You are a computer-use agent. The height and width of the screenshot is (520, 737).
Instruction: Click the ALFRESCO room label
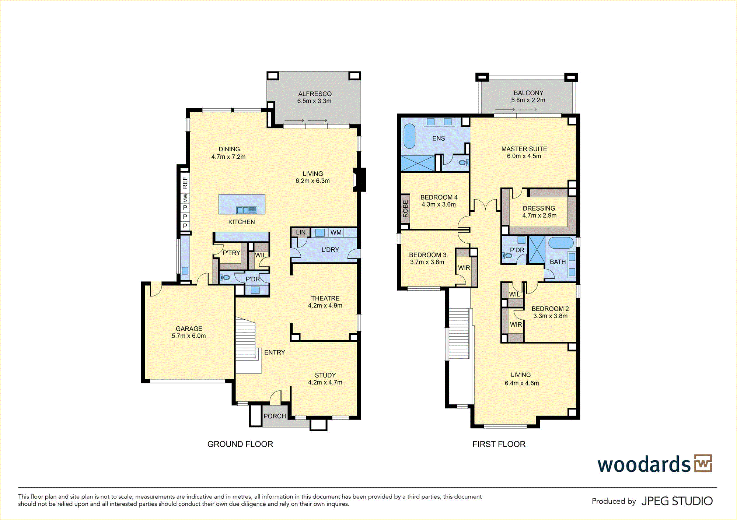315,94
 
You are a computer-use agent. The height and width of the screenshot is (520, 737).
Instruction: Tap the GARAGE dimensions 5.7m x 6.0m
189,336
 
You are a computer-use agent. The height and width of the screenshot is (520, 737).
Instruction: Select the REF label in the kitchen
185,182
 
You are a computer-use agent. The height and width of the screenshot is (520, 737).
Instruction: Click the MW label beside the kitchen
185,198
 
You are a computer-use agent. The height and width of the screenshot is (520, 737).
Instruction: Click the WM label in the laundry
336,232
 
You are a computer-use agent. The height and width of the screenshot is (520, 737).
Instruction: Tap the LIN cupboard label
301,232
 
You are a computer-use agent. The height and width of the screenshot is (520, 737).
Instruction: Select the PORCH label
275,416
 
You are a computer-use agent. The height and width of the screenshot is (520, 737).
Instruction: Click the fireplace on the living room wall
359,180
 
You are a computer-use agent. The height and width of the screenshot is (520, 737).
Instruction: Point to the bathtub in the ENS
409,136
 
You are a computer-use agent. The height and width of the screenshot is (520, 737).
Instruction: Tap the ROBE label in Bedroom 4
405,209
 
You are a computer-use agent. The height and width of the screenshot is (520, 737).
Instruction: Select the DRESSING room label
539,208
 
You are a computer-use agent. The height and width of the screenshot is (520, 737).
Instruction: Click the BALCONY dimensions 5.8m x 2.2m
528,100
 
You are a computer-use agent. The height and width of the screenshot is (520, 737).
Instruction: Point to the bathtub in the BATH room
561,243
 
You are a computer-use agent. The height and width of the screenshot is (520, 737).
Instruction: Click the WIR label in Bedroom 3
464,268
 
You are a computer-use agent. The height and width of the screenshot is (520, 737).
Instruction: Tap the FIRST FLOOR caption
499,444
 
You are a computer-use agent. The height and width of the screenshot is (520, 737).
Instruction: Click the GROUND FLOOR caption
240,444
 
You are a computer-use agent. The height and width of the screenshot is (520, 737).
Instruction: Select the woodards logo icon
703,463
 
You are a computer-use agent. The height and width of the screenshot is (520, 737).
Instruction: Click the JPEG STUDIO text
677,501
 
